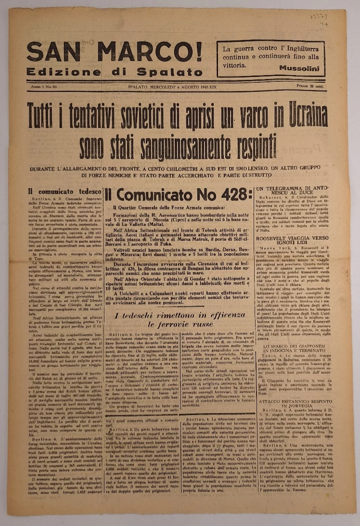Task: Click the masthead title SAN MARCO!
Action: pyautogui.click(x=115, y=52)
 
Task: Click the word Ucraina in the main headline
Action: pyautogui.click(x=300, y=115)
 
